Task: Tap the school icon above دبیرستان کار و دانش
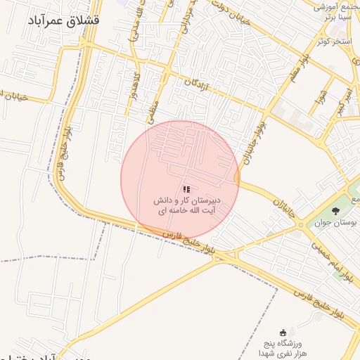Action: pos(186,189)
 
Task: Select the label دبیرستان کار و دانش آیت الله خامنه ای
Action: pos(187,206)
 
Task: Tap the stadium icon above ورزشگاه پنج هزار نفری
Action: pos(283,332)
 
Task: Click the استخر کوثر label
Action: pos(333,41)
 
